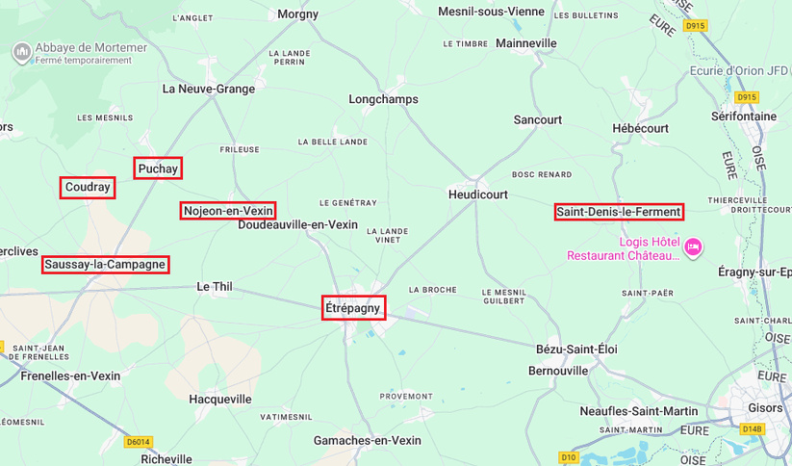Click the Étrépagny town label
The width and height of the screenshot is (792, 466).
tap(353, 308)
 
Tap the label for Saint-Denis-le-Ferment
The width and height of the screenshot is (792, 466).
tap(619, 212)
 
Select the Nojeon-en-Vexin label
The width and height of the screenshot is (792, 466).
tap(228, 211)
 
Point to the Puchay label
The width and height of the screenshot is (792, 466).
tap(158, 168)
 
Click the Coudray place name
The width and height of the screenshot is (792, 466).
tap(88, 188)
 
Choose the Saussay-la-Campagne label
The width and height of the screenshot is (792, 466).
tap(106, 264)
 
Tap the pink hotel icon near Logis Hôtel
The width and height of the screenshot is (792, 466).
tap(693, 247)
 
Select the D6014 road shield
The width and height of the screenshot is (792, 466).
tap(139, 442)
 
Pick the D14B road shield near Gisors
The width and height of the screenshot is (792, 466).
tap(752, 429)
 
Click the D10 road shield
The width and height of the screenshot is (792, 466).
tap(568, 457)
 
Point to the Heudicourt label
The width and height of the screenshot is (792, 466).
tap(478, 194)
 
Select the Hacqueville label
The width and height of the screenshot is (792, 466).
tap(220, 398)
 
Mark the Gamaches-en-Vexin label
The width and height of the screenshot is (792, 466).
tap(368, 440)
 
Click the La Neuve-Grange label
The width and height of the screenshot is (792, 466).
tap(209, 90)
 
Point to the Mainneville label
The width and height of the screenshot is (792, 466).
tap(525, 44)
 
